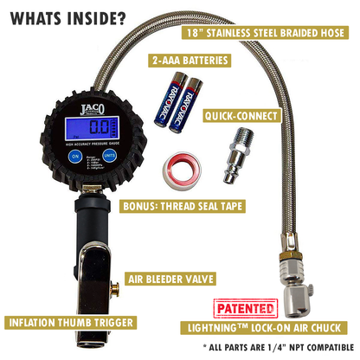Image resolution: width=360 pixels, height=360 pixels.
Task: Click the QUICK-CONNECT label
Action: [238, 113]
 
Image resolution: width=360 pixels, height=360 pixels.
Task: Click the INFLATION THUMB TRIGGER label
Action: [73, 323]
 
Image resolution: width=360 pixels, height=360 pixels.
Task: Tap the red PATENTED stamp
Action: [244, 308]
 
